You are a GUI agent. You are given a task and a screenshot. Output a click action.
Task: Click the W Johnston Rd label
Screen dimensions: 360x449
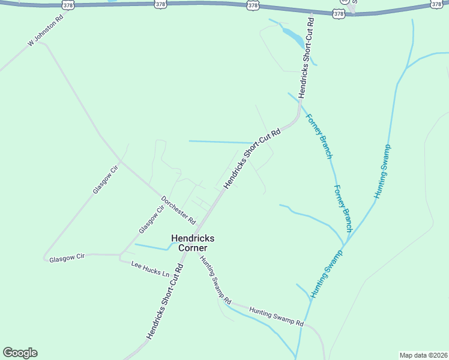coord(46,35)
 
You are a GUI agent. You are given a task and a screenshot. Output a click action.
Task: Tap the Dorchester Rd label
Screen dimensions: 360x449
coord(178,209)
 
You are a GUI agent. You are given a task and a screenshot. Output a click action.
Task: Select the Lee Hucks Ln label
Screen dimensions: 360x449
coord(151,269)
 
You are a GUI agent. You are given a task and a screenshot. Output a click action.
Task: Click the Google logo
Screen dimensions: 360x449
coord(20,353)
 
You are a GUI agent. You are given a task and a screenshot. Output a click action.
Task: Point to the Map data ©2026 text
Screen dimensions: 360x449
coord(423,355)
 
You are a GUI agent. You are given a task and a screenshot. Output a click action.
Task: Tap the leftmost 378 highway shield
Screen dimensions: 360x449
coord(68,5)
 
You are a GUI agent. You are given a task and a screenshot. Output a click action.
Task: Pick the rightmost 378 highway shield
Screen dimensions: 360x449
coord(436,4)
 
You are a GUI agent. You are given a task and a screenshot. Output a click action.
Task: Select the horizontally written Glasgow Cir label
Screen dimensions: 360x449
coord(67,257)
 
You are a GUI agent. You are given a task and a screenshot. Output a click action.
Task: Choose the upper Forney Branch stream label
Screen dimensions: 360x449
coord(319,136)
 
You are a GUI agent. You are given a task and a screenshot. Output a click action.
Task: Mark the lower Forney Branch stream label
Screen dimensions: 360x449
coord(343,208)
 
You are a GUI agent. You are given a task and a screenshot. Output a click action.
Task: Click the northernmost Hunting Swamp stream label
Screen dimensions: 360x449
coord(382,172)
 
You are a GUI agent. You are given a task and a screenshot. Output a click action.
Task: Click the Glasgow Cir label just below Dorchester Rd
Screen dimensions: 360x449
coord(151,220)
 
